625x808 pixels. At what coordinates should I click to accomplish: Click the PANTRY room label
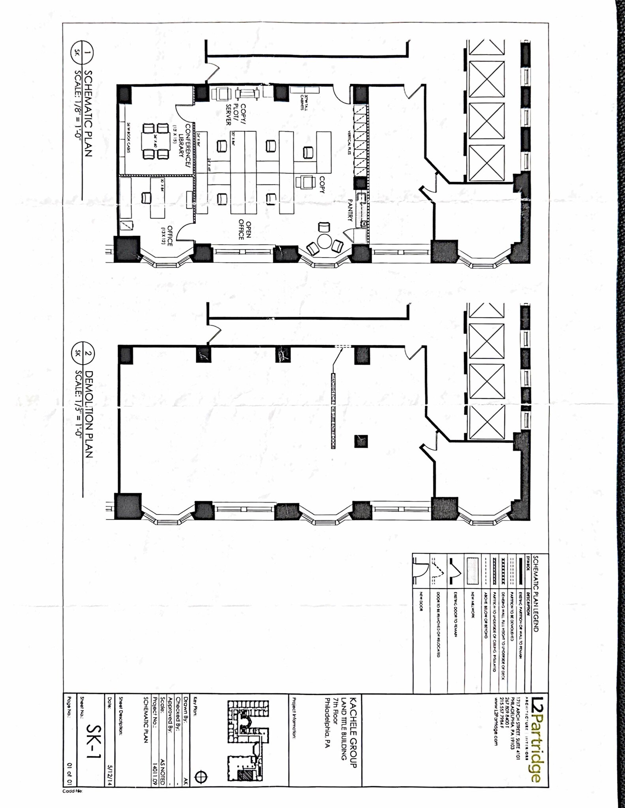[x=350, y=210]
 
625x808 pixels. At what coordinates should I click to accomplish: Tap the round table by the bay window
[x=324, y=241]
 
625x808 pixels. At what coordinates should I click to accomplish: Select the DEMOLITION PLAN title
[x=89, y=414]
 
